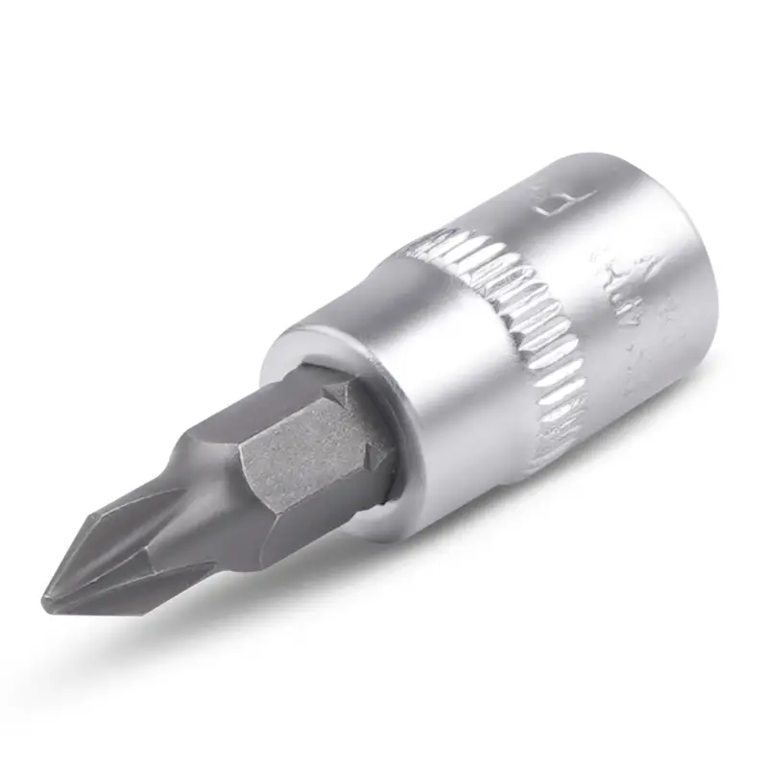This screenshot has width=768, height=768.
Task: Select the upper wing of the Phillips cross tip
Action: tap(144, 518)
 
